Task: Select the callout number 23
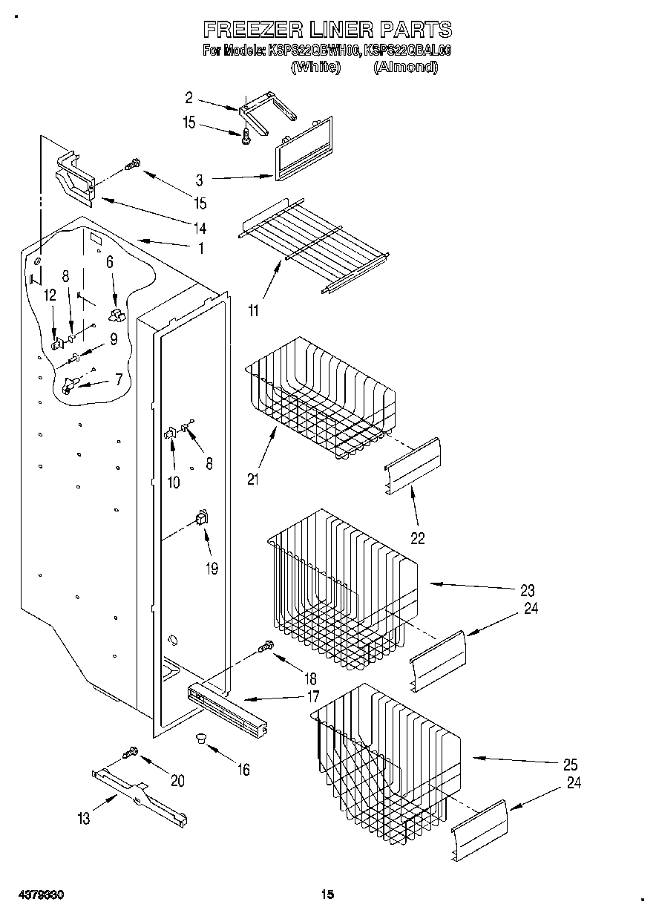tap(528, 591)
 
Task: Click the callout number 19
tap(212, 569)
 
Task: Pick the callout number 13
tap(83, 818)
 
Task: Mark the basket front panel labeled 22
tap(413, 465)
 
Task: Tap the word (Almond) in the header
tap(405, 67)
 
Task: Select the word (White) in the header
tap(316, 67)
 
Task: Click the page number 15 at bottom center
tap(328, 895)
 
